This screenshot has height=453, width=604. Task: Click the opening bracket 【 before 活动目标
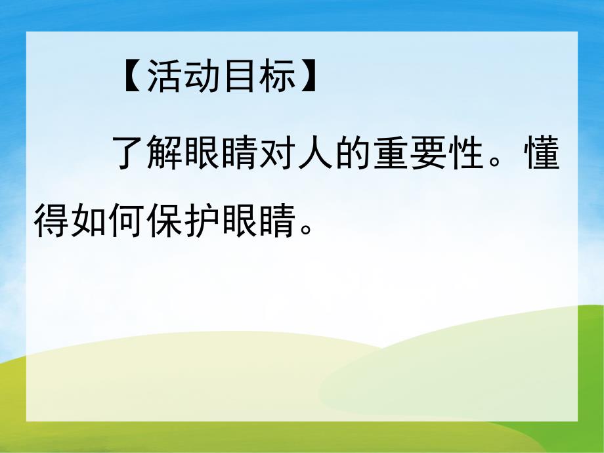point(131,76)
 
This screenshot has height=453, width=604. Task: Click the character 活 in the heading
point(164,76)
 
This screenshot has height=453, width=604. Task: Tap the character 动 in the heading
point(204,76)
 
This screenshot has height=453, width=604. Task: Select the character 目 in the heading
point(241,76)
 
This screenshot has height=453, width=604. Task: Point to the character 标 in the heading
point(278,76)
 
